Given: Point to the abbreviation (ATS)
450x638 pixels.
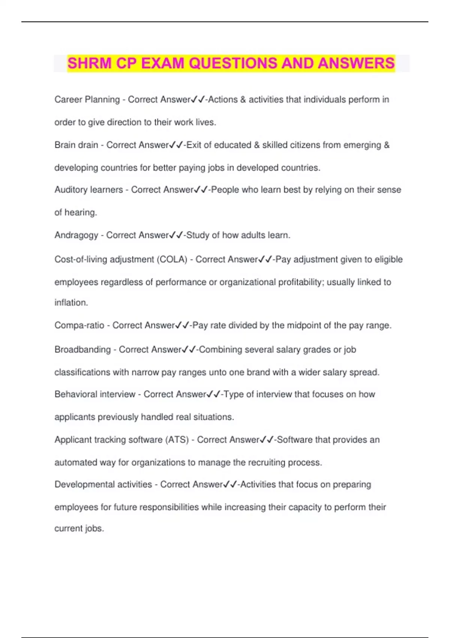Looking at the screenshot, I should [x=177, y=439].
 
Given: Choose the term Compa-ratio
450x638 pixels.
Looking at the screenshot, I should [x=79, y=325].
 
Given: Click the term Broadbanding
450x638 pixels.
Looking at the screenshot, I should [x=82, y=350].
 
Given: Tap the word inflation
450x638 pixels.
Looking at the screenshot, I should [x=71, y=302].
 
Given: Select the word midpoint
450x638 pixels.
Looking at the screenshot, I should [x=304, y=325].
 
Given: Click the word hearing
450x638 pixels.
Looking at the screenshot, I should [x=80, y=212].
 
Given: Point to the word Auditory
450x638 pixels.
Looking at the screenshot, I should [x=70, y=190].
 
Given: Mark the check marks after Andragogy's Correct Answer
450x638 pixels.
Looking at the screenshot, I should [x=175, y=235].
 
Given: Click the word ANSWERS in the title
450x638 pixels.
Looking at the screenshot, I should [x=356, y=63].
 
